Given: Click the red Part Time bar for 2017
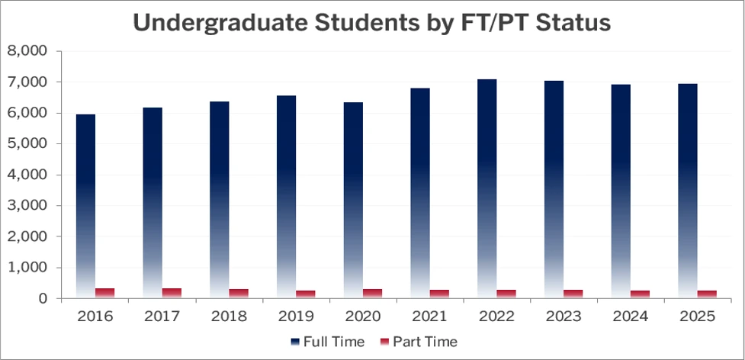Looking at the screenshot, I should point(172,293).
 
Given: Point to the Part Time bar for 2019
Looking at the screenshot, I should point(306,294).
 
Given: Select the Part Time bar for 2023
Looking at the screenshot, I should point(573,294).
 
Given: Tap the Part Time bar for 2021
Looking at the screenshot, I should point(439,294).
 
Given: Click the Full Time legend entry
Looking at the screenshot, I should point(327,341).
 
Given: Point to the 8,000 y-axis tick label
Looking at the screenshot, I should point(27,51).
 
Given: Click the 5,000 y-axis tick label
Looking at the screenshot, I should point(27,144).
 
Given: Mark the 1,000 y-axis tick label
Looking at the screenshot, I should point(27,268).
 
